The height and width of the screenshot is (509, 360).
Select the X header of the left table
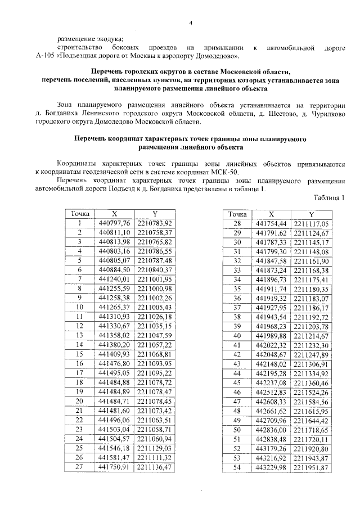tap(115, 214)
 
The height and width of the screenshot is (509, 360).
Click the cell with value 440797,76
tap(115, 223)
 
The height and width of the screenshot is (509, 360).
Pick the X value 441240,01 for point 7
tap(115, 279)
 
